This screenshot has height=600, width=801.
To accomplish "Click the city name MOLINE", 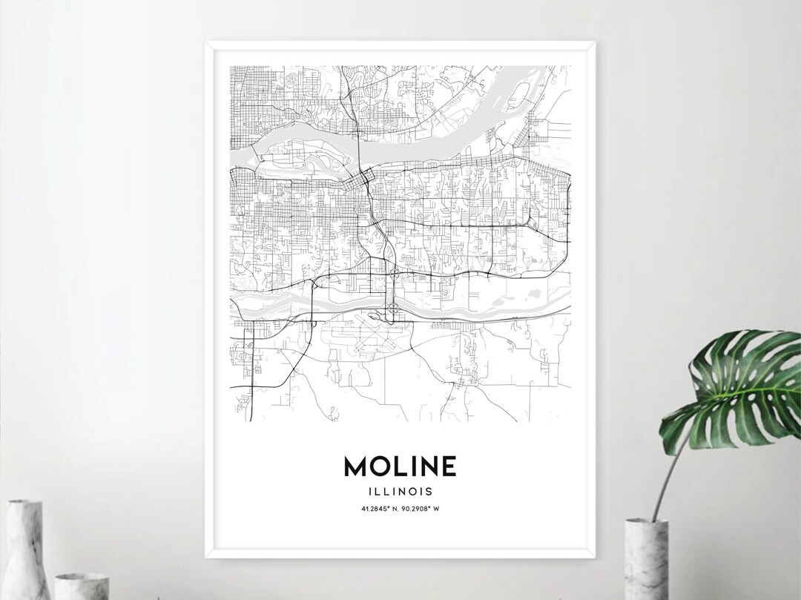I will pyautogui.click(x=400, y=467).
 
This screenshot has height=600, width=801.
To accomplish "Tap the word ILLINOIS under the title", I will pyautogui.click(x=400, y=491).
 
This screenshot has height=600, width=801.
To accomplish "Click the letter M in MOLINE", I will pyautogui.click(x=355, y=467).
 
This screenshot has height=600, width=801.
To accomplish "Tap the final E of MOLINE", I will pyautogui.click(x=447, y=467).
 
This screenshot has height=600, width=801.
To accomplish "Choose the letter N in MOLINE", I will pyautogui.click(x=426, y=467).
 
